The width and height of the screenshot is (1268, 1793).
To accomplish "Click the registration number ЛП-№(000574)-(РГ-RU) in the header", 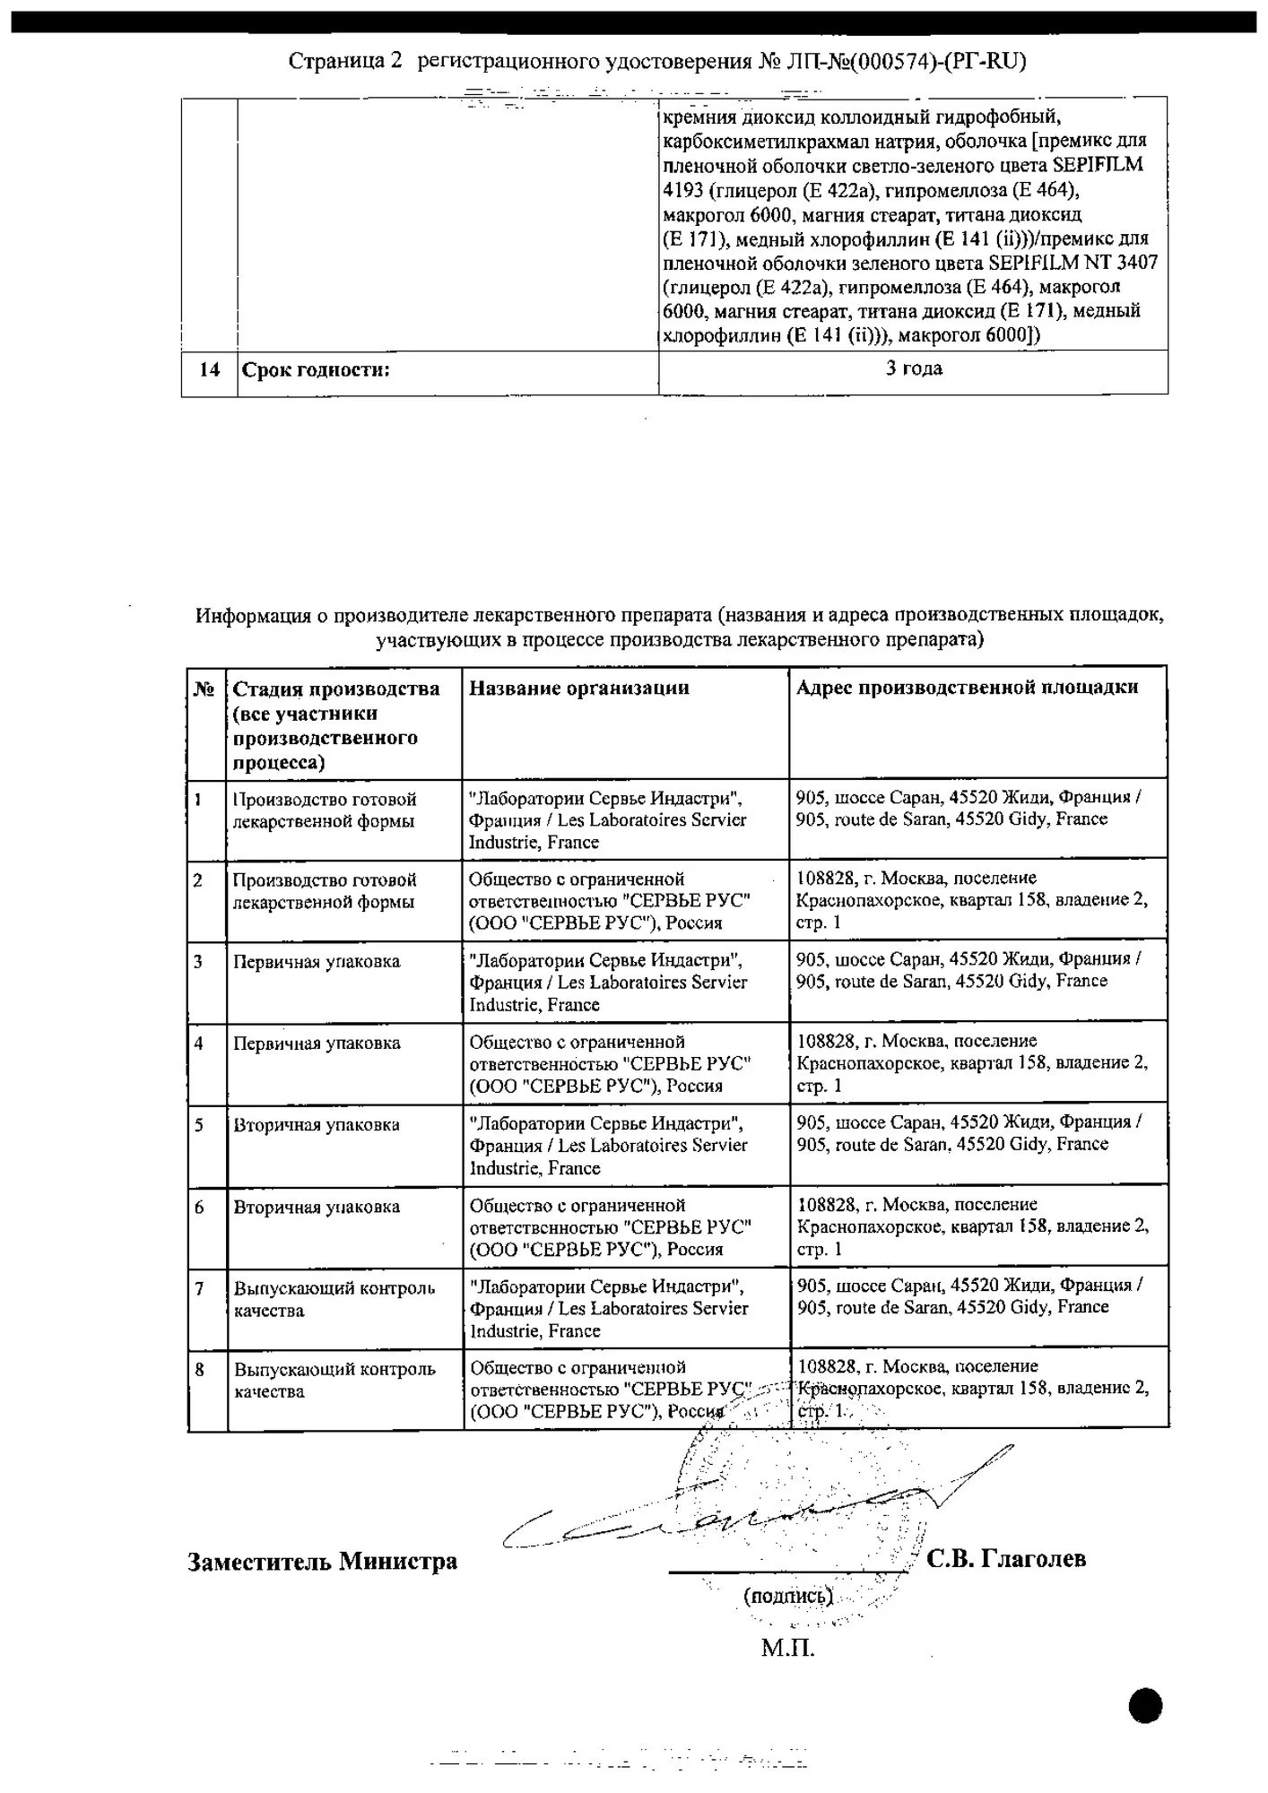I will pyautogui.click(x=906, y=61).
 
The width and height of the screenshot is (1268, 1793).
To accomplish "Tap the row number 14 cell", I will pyautogui.click(x=209, y=369).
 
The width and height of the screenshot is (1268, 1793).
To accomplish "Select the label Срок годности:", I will pyautogui.click(x=317, y=369).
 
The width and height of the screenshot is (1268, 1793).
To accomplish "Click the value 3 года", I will pyautogui.click(x=914, y=368).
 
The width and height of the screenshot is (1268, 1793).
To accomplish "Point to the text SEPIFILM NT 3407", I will pyautogui.click(x=1073, y=263).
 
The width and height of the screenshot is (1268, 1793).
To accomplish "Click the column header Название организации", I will pyautogui.click(x=579, y=688).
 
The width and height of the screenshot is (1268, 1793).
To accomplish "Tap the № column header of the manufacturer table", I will pyautogui.click(x=204, y=689).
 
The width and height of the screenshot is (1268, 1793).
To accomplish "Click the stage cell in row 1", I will pyautogui.click(x=325, y=810).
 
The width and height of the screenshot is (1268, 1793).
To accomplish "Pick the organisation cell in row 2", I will pyautogui.click(x=610, y=900).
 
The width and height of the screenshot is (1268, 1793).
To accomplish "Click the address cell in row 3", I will pyautogui.click(x=968, y=969).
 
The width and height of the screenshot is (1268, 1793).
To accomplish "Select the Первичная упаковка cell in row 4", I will pyautogui.click(x=317, y=1043).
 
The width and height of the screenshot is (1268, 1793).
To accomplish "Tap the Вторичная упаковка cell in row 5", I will pyautogui.click(x=317, y=1124).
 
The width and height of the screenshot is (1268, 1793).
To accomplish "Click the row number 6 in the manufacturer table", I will pyautogui.click(x=200, y=1207).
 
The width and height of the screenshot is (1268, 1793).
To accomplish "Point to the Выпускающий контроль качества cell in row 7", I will pyautogui.click(x=334, y=1299).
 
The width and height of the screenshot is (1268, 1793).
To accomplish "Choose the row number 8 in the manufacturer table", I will pyautogui.click(x=200, y=1369).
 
